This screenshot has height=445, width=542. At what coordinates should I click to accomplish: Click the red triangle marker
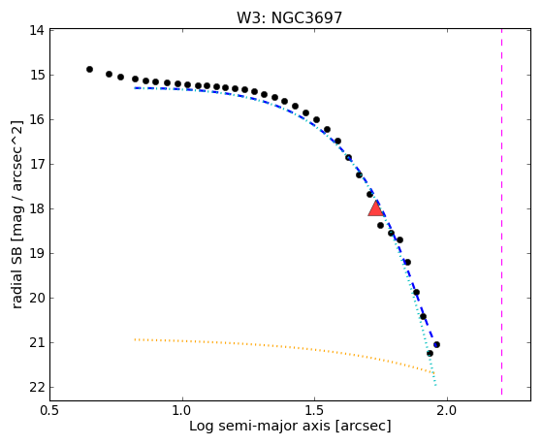pos(376,209)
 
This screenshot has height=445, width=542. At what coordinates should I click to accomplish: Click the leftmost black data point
pos(89,69)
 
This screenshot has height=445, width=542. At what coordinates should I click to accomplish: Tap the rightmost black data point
pos(436,344)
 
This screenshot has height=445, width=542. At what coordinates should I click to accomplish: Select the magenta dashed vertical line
pos(501,211)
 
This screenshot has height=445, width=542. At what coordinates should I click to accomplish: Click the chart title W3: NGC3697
pos(289,18)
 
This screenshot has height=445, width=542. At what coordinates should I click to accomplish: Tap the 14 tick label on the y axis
pos(37,30)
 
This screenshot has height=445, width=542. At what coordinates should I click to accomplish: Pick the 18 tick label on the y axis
pos(37,208)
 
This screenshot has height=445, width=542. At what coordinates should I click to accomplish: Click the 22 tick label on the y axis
pos(37,387)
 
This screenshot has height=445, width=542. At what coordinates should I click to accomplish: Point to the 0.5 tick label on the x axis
pos(50,410)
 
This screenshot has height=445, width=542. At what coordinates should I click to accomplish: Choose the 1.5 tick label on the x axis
pos(314,410)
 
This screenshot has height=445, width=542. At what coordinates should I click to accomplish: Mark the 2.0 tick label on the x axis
pos(447,410)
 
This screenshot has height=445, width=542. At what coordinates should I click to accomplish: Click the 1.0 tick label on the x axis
pos(182,410)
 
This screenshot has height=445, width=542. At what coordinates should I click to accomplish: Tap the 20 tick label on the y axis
pos(37,298)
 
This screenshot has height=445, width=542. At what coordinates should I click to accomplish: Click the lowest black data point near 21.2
pos(430,353)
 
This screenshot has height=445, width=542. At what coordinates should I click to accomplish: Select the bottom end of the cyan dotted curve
pos(435,385)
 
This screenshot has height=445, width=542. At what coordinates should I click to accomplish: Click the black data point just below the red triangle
pos(381,226)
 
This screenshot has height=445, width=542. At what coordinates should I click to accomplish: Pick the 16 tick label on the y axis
pos(37,119)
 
